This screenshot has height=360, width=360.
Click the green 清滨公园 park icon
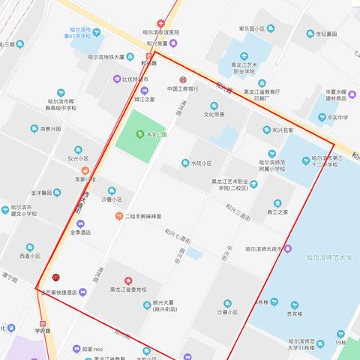[x=139, y=134]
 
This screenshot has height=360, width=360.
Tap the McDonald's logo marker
[x=57, y=277]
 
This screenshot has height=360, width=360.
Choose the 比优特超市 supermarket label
[x=135, y=79]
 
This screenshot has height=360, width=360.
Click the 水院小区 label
[x=202, y=163]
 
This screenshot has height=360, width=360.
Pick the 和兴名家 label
[x=278, y=130]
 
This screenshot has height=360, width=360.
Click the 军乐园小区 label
[x=252, y=28]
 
